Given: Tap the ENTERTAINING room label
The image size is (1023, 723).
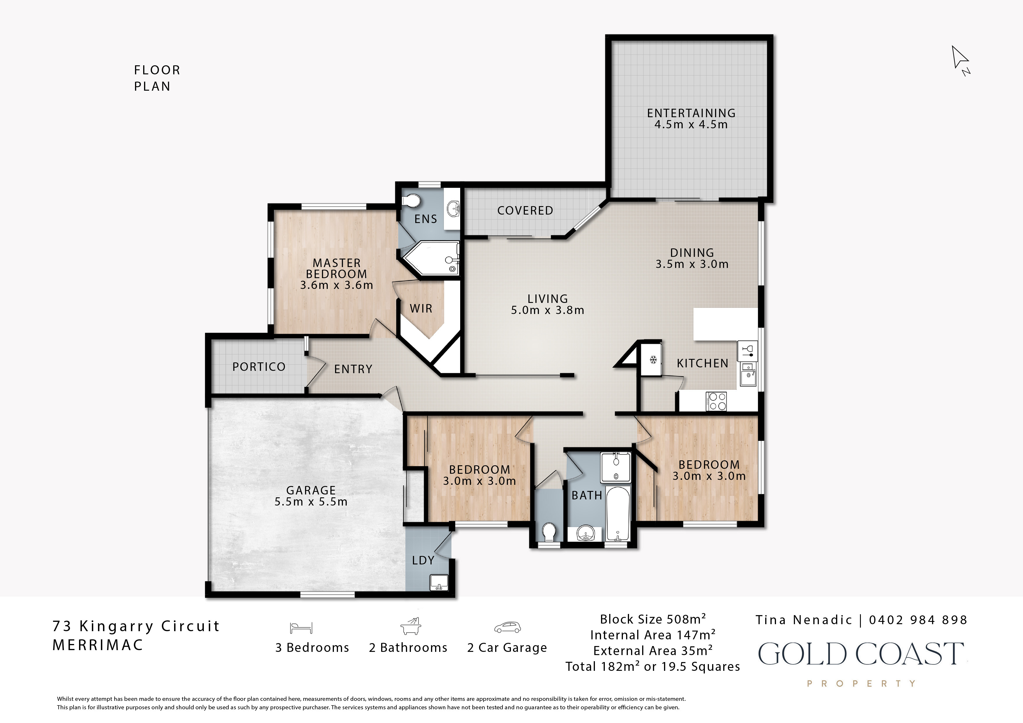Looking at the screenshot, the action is pos(691,113).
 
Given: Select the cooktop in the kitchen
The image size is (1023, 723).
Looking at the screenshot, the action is pos(716,401).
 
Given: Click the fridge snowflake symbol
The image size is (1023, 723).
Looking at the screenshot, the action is pos(653,359).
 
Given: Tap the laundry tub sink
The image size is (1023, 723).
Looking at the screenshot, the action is pos(439,582).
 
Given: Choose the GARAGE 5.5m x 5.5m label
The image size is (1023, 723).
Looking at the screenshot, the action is pos(311,496).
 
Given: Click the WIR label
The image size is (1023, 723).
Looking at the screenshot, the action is pos(421,308).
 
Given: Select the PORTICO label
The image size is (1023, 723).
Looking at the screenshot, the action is pos(259,367).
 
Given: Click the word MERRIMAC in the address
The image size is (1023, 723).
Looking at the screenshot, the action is pos(98,645).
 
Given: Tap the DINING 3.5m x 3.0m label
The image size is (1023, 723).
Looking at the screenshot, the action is pos(692,258).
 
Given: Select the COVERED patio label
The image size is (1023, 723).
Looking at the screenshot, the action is pos(525,210).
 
